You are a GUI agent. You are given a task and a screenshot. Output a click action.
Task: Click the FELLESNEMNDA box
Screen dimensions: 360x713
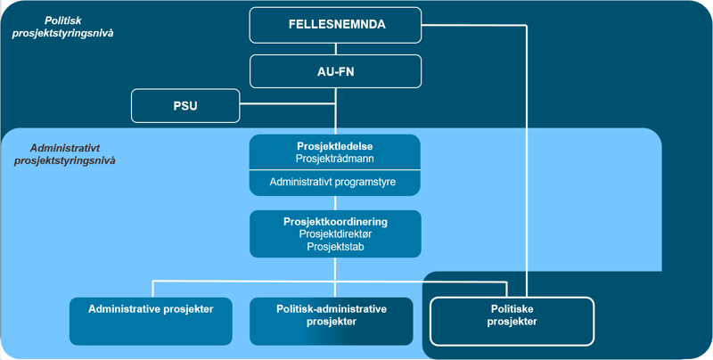[x=336, y=25]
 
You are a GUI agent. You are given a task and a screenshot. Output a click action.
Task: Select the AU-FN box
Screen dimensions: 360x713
[x=336, y=71]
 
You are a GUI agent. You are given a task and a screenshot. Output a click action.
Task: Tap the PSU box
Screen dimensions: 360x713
[x=185, y=106]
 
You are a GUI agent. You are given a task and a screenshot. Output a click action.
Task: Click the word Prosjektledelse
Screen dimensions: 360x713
[x=335, y=145]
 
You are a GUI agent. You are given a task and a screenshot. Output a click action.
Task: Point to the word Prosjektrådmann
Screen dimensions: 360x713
[x=335, y=158]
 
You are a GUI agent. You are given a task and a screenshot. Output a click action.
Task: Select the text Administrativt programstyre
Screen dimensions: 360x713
[x=335, y=181]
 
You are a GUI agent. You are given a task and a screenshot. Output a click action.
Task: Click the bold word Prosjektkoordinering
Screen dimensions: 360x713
[x=335, y=220]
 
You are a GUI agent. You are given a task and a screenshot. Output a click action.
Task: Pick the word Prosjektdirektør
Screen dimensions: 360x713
[x=335, y=233]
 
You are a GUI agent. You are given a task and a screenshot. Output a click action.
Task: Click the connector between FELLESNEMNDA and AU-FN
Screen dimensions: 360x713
[x=336, y=48]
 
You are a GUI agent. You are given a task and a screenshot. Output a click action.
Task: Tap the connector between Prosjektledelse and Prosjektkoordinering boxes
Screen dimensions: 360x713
[x=336, y=201]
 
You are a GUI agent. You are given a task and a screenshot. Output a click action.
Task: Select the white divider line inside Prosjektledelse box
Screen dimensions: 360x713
[x=335, y=169]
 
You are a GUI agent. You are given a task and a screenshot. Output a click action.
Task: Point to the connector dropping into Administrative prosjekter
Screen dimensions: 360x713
[x=153, y=290]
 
